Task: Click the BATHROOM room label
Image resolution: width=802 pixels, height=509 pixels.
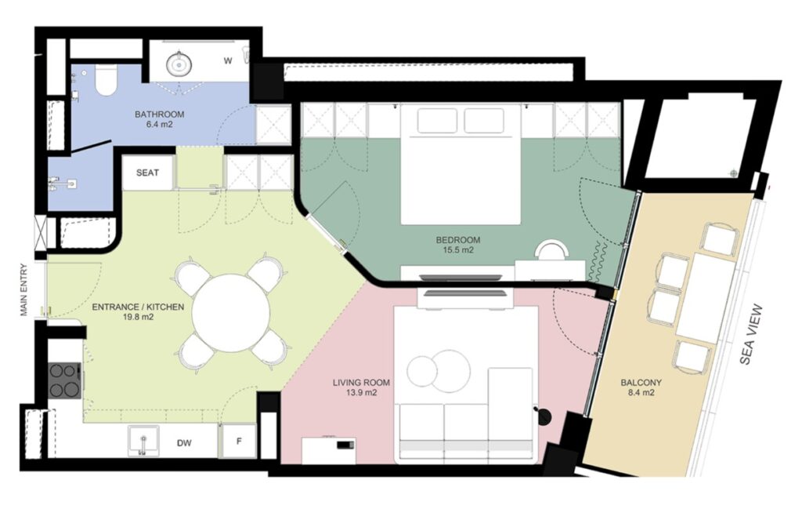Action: [x=159, y=115]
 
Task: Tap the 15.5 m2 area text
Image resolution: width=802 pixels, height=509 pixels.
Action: [x=457, y=250]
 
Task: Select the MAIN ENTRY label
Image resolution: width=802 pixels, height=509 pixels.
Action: [x=23, y=290]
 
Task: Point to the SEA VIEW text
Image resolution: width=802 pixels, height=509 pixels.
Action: [x=751, y=334]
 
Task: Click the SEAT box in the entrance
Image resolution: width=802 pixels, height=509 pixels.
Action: [x=147, y=173]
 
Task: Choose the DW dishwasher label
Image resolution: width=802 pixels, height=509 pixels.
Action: [x=184, y=443]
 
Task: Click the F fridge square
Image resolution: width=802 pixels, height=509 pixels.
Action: [x=238, y=441]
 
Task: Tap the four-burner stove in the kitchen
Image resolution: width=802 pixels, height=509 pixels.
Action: [x=64, y=380]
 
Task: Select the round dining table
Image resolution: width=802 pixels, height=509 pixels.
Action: [x=231, y=313]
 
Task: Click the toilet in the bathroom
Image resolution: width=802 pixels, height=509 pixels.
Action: [x=107, y=81]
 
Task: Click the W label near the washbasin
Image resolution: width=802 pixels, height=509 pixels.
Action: [x=228, y=61]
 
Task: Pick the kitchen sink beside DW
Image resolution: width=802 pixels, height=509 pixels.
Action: [x=143, y=441]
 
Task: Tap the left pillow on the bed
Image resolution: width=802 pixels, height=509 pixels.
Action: [x=437, y=121]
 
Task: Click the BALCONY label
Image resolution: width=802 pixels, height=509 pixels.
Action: [x=641, y=383]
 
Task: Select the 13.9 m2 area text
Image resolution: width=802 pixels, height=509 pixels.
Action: [x=362, y=393]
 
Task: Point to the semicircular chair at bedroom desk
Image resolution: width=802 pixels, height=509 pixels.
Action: [x=551, y=250]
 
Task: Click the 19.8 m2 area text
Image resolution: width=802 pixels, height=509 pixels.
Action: [x=138, y=317]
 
